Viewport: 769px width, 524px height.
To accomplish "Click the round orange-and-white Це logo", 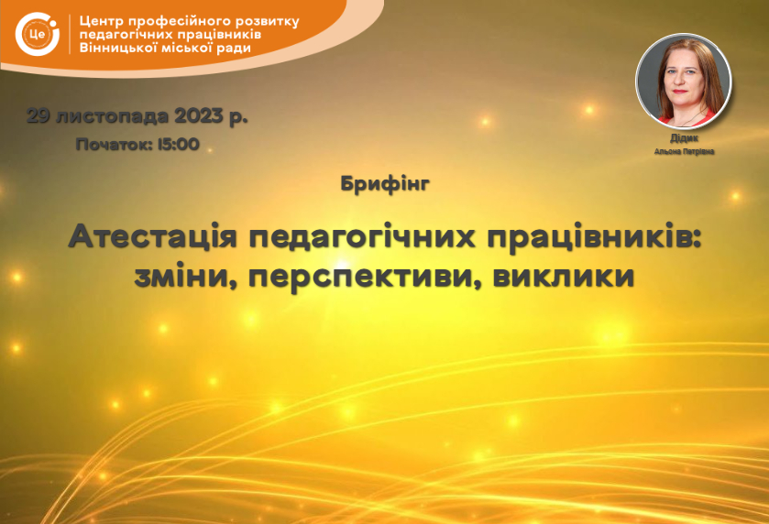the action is tap(38, 34).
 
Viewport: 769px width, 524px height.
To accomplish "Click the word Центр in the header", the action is tap(101, 22).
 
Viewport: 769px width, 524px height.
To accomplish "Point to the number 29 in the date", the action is tap(38, 116).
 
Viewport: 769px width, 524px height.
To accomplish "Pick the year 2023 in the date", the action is tap(199, 116).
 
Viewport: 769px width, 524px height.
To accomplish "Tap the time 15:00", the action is tap(179, 144).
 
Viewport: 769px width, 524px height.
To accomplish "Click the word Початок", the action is tap(114, 144).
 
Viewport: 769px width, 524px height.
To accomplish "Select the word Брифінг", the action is tap(385, 184).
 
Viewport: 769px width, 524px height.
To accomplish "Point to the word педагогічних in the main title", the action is tap(362, 238).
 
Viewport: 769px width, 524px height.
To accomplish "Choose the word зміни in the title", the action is tap(186, 277).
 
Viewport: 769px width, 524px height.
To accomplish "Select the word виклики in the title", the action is tap(564, 276).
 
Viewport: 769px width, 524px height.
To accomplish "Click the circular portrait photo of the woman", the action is tap(683, 81).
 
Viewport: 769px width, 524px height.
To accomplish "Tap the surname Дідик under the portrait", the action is tap(684, 138).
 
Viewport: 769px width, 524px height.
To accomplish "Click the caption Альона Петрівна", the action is tap(684, 151).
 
